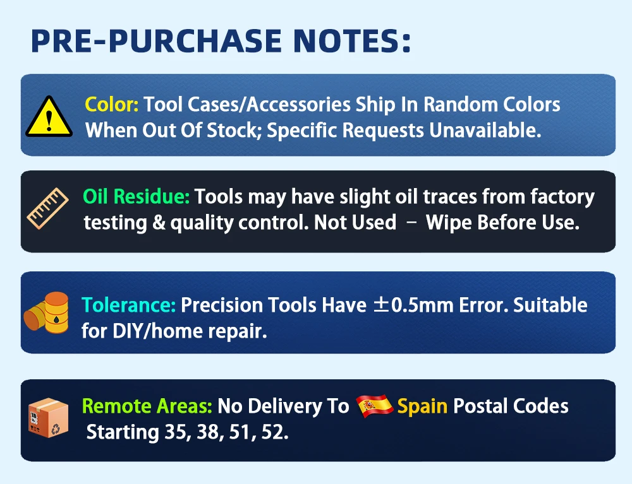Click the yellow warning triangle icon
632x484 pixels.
pyautogui.click(x=49, y=117)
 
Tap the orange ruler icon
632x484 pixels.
pyautogui.click(x=47, y=208)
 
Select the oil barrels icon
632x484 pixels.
pyautogui.click(x=46, y=312)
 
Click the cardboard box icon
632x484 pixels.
pyautogui.click(x=48, y=418)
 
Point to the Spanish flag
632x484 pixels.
pyautogui.click(x=374, y=406)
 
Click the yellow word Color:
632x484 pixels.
pyautogui.click(x=112, y=105)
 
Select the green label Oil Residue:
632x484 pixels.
pyautogui.click(x=136, y=197)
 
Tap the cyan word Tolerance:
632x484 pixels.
pyautogui.click(x=128, y=305)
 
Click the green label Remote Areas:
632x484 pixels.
pyautogui.click(x=147, y=406)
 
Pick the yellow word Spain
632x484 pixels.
pyautogui.click(x=422, y=406)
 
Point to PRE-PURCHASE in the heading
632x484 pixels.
pyautogui.click(x=156, y=40)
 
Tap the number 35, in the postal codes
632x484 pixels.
pyautogui.click(x=178, y=432)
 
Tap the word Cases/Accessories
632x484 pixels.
pyautogui.click(x=269, y=105)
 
